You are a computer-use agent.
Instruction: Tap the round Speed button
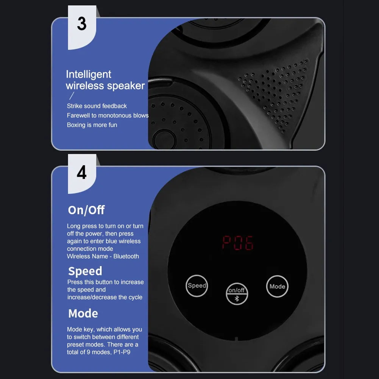(197, 285)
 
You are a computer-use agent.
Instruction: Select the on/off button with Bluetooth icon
(237, 293)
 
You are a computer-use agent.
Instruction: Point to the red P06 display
(237, 243)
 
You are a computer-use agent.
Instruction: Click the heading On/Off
(86, 210)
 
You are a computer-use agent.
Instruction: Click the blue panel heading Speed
(85, 271)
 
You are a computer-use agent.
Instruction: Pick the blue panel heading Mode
(83, 313)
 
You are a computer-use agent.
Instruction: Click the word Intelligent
(89, 74)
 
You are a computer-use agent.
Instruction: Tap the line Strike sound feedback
(97, 106)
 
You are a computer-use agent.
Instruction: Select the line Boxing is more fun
(92, 125)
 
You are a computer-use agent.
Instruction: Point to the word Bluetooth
(126, 256)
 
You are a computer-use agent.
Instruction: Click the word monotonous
(115, 115)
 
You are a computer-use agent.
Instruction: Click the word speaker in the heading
(125, 86)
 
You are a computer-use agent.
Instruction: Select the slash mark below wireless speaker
(71, 96)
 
